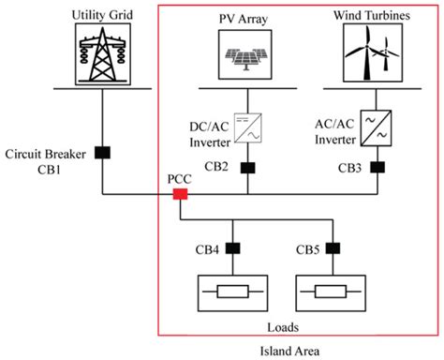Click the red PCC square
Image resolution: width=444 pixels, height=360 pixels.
[181, 195]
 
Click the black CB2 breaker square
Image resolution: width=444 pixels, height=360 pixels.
[248, 169]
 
